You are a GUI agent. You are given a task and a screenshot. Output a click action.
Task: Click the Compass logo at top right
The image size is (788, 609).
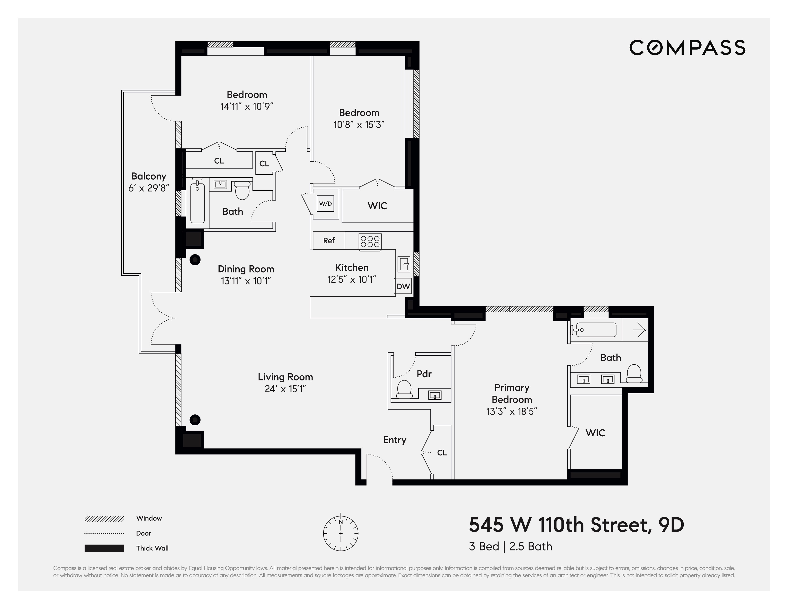(x=687, y=48)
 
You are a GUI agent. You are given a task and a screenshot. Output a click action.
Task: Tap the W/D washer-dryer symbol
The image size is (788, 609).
(x=325, y=204)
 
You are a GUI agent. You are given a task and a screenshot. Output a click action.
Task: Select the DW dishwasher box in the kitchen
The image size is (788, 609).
(x=403, y=286)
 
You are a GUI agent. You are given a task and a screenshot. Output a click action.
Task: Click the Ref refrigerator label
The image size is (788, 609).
(x=329, y=240)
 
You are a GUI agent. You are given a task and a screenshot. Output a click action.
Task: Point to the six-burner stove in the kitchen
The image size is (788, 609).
(x=370, y=241)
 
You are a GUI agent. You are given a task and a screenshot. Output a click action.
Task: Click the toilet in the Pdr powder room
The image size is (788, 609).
(x=404, y=389)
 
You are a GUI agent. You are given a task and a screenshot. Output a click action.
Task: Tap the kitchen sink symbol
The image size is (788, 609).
(x=404, y=264)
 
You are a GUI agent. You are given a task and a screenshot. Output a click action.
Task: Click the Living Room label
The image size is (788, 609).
(x=285, y=377)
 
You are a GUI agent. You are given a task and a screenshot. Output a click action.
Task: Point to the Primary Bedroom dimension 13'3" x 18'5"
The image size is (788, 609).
(x=512, y=411)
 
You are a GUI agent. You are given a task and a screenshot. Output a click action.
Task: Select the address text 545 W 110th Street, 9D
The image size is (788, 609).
(x=576, y=525)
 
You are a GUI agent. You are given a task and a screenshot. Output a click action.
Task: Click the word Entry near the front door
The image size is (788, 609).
(x=394, y=440)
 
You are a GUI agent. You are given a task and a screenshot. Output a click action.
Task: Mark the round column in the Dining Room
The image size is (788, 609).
(x=195, y=260)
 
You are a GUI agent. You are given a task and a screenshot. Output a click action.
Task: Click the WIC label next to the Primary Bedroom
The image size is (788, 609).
(x=595, y=433)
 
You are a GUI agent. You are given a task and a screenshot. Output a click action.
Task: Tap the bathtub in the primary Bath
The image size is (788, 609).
(x=593, y=330)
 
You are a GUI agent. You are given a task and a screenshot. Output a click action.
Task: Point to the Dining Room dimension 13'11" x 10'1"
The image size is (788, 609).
(x=246, y=281)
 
